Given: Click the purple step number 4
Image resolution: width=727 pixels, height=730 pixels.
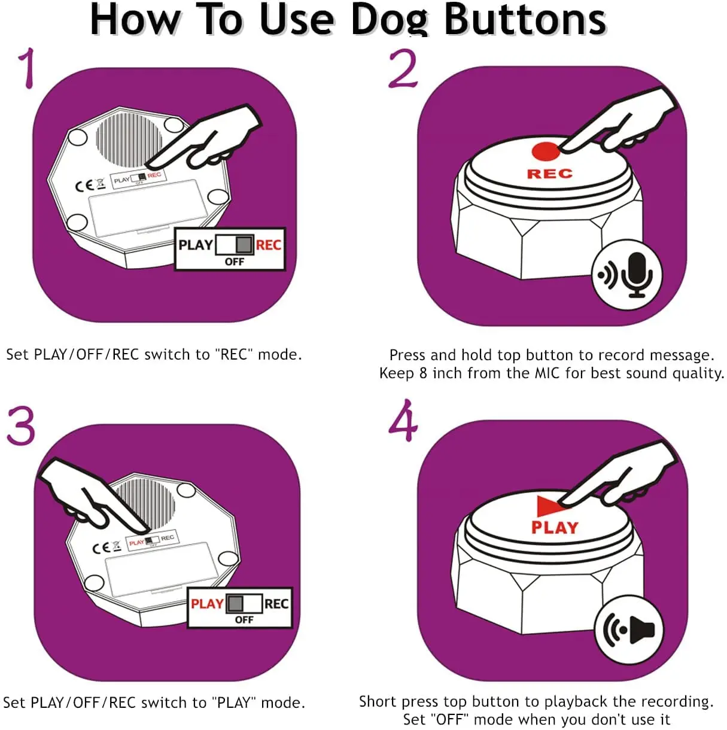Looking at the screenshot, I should click(x=403, y=422).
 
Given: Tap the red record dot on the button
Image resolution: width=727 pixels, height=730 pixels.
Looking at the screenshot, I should click(x=545, y=152).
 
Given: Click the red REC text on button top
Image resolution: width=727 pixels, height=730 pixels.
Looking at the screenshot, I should click(x=549, y=174).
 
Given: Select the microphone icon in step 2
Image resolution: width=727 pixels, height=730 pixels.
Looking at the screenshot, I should click(x=636, y=275).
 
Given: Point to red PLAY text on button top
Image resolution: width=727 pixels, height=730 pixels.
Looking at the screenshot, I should click(x=555, y=528).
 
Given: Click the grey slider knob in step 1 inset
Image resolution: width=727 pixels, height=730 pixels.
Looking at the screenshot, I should click(x=244, y=245).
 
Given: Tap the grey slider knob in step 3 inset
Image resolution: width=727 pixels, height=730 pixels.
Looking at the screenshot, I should click(x=236, y=603).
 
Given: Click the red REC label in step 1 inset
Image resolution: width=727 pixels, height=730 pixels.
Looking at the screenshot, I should click(x=269, y=245).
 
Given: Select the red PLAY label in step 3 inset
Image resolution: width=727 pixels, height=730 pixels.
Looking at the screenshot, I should click(x=207, y=603).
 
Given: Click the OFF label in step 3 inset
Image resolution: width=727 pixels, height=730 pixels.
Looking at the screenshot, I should click(x=244, y=620).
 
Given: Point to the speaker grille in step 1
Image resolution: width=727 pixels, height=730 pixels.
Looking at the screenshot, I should click(x=129, y=138).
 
